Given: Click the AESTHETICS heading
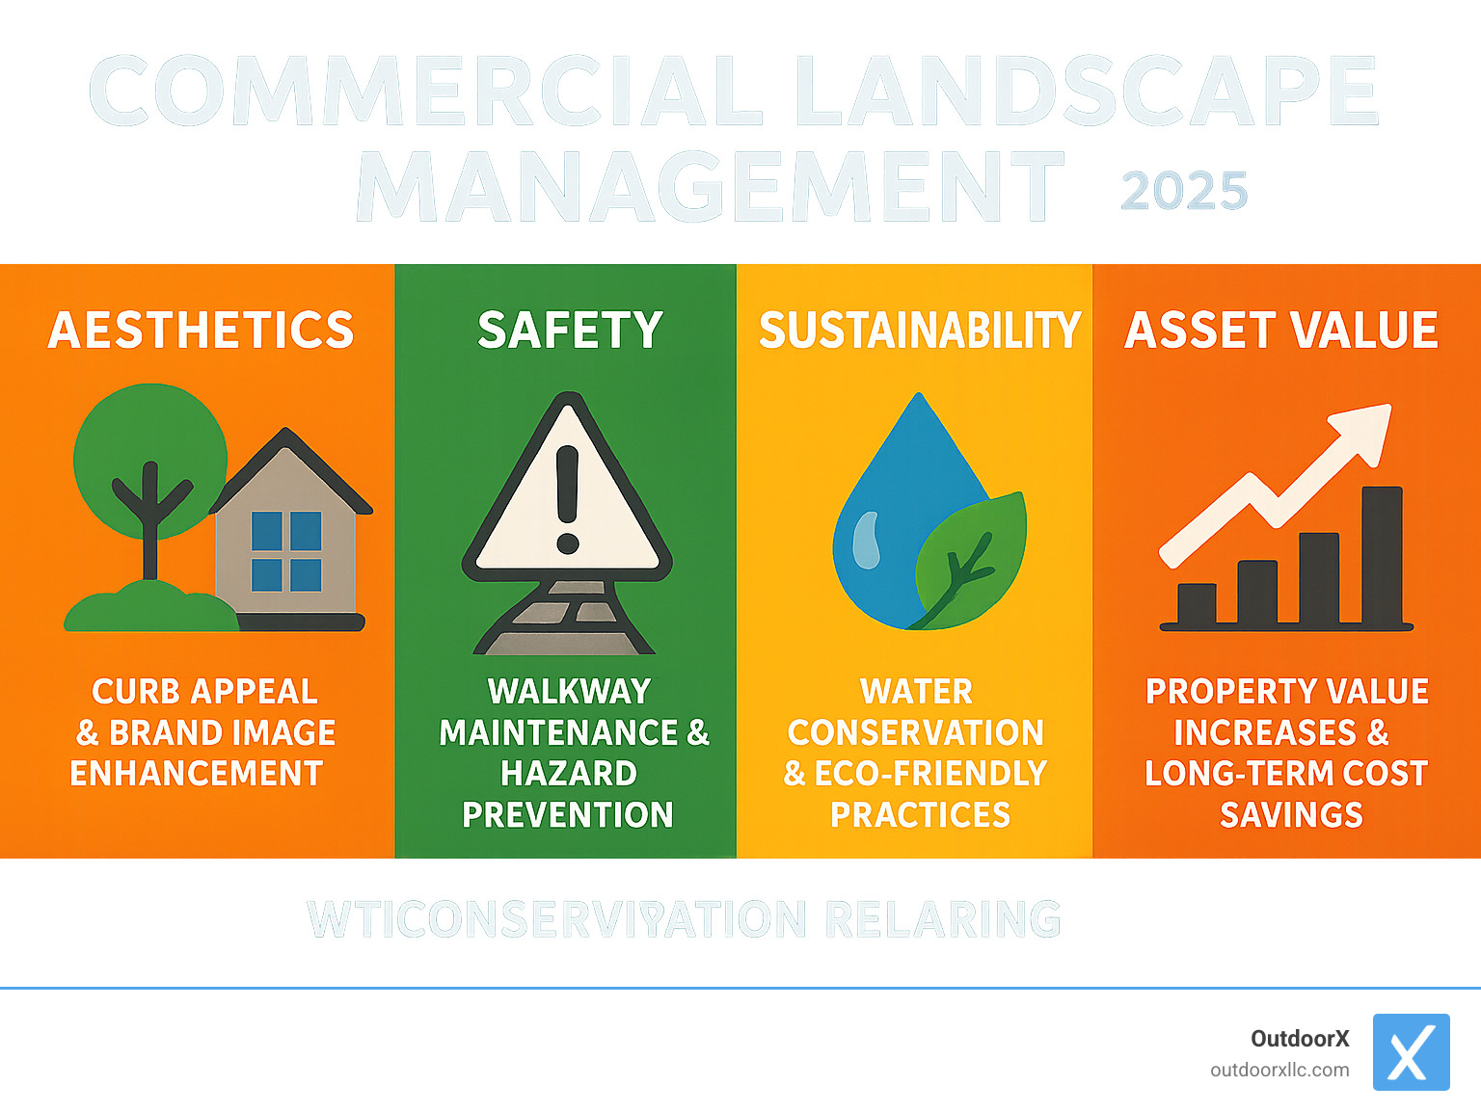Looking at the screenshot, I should pyautogui.click(x=201, y=331).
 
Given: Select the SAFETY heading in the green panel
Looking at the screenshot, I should pyautogui.click(x=570, y=331).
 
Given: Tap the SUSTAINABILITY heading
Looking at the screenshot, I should pyautogui.click(x=919, y=331).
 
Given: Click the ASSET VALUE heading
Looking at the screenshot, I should pyautogui.click(x=1281, y=331).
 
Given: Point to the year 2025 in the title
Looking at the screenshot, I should pyautogui.click(x=1184, y=191).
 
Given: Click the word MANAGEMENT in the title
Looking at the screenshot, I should pyautogui.click(x=710, y=187).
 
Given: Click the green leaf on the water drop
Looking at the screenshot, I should pyautogui.click(x=969, y=559).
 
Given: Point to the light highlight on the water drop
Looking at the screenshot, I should pyautogui.click(x=867, y=540).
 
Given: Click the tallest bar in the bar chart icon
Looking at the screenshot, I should pyautogui.click(x=1382, y=555).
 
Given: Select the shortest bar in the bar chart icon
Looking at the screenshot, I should pyautogui.click(x=1197, y=604).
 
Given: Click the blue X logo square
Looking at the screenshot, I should pyautogui.click(x=1411, y=1052).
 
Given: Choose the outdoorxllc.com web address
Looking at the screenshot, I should pyautogui.click(x=1279, y=1070).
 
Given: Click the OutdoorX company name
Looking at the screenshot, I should pyautogui.click(x=1300, y=1039).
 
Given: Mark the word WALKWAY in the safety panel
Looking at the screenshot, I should pyautogui.click(x=569, y=691).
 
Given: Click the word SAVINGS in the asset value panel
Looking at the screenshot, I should pyautogui.click(x=1291, y=815).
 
